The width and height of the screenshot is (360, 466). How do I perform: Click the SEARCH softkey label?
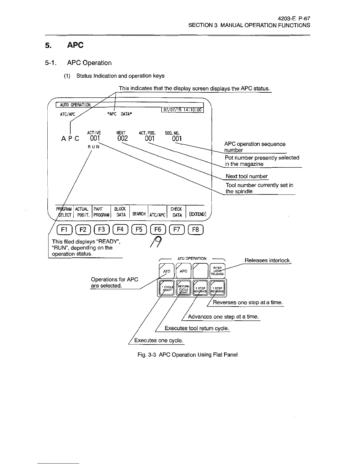[139, 214]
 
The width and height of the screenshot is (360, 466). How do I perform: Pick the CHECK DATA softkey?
[176, 212]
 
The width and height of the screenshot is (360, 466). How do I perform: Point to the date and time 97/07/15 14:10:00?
[182, 110]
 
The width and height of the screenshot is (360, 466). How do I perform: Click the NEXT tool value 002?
[122, 138]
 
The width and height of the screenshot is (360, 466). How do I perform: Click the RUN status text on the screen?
[94, 147]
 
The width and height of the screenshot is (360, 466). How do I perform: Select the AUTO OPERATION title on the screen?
[75, 105]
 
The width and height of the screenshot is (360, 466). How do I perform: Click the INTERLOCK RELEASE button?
[217, 271]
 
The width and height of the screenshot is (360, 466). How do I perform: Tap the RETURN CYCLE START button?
[183, 287]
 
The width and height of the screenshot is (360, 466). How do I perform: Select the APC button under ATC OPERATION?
[183, 271]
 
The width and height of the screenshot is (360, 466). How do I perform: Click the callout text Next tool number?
[246, 176]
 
